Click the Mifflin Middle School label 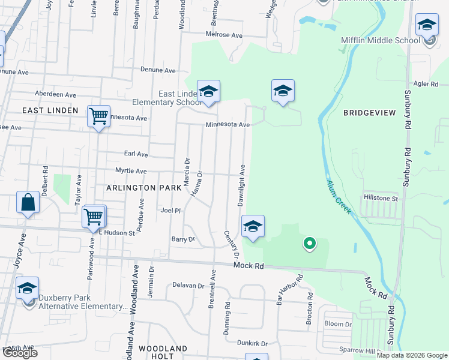[x=380, y=40]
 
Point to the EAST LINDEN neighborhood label [x=50, y=110]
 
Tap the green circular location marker [x=309, y=243]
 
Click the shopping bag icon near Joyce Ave [x=28, y=203]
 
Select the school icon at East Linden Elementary [x=209, y=91]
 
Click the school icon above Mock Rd [x=253, y=226]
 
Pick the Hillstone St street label [x=381, y=197]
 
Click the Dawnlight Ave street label [x=241, y=185]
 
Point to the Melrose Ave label [x=223, y=35]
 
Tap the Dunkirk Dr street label [x=252, y=343]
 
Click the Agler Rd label [x=426, y=85]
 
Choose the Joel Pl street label [x=170, y=211]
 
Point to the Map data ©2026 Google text [x=412, y=355]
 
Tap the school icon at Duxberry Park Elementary [x=28, y=288]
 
